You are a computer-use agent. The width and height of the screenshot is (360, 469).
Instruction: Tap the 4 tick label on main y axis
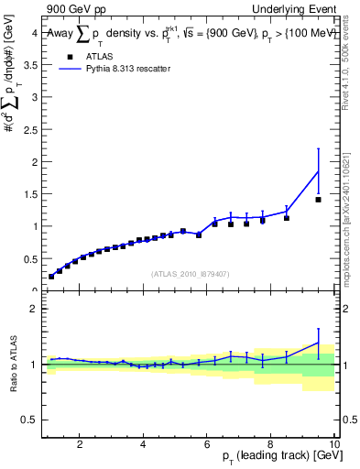point(33,33)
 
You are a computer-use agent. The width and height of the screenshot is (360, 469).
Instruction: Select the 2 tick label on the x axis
point(80,445)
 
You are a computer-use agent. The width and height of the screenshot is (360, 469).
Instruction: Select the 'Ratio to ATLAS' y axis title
point(12,364)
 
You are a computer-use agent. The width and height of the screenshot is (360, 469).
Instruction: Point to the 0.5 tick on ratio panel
point(30,420)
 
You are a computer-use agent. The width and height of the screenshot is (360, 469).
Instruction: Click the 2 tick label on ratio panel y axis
point(33,309)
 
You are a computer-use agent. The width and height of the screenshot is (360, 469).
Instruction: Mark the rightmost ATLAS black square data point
point(318,200)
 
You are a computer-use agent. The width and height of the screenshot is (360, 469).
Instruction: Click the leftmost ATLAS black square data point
point(51,276)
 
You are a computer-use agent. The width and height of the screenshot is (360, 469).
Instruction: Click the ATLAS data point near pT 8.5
point(287,218)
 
